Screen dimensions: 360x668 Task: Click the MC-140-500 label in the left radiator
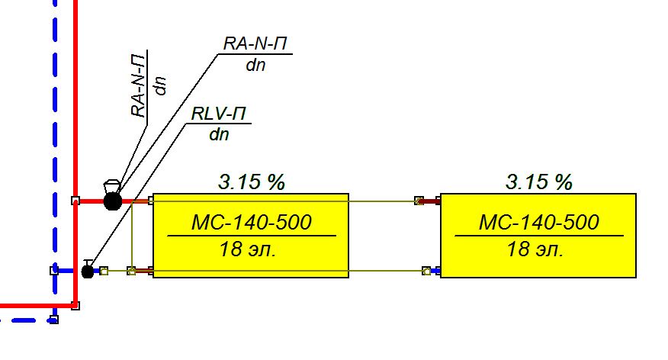pyautogui.click(x=251, y=223)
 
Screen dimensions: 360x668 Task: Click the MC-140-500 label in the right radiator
pyautogui.click(x=538, y=223)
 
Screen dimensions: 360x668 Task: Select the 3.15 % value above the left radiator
pyautogui.click(x=251, y=182)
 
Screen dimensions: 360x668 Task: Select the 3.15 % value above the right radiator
pyautogui.click(x=538, y=182)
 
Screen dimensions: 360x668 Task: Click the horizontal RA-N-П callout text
pyautogui.click(x=255, y=44)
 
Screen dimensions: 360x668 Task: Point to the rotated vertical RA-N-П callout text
pyautogui.click(x=139, y=86)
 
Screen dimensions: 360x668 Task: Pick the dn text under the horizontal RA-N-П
pyautogui.click(x=255, y=65)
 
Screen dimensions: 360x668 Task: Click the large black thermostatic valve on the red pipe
pyautogui.click(x=113, y=201)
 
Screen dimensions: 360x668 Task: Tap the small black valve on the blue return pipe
pyautogui.click(x=88, y=270)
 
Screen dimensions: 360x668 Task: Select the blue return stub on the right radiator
pyautogui.click(x=434, y=270)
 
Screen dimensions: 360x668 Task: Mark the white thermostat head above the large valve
pyautogui.click(x=111, y=184)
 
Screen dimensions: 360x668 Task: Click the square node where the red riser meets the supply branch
pyautogui.click(x=75, y=201)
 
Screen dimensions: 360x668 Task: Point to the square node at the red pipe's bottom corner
pyautogui.click(x=75, y=306)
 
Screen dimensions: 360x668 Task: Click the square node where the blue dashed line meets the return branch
pyautogui.click(x=54, y=270)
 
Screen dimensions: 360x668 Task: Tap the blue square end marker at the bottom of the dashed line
pyautogui.click(x=53, y=320)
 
